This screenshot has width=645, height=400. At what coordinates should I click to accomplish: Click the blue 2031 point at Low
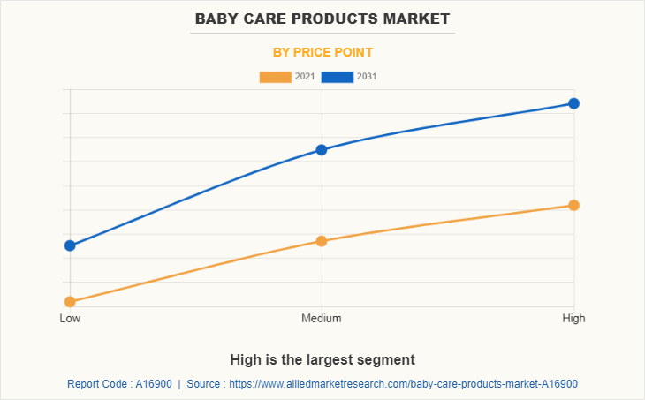click(x=70, y=245)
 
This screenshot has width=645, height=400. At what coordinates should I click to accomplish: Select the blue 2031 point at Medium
click(x=322, y=150)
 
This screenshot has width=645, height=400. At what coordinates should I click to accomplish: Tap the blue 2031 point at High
click(x=573, y=103)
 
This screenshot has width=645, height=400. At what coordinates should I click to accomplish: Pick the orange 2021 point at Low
click(x=70, y=302)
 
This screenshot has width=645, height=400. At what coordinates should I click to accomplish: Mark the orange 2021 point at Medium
click(x=322, y=241)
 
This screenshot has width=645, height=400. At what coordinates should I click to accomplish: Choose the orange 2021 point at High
click(x=573, y=205)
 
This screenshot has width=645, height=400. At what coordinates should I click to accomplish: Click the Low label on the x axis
click(x=70, y=318)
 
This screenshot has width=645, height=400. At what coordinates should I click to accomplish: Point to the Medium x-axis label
click(x=322, y=318)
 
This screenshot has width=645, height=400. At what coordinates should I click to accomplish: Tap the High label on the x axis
click(x=573, y=318)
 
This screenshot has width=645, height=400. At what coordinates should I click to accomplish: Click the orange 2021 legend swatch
click(x=275, y=77)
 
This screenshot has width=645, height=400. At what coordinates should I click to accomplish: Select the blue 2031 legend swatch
click(x=337, y=77)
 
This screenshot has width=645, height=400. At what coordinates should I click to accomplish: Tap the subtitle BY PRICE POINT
click(x=322, y=52)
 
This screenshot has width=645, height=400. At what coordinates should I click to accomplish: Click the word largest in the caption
click(x=328, y=359)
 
